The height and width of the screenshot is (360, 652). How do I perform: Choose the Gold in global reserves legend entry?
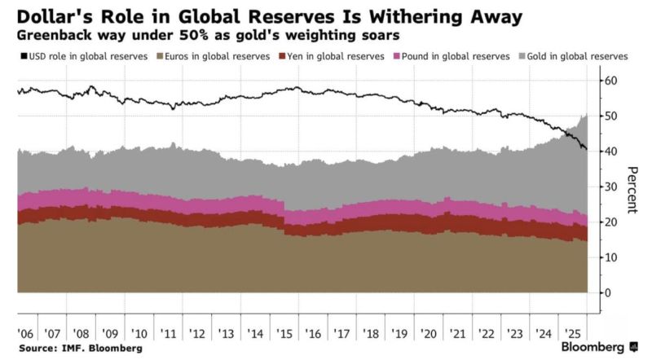pos(578,56)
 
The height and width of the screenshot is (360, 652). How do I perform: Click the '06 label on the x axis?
pos(24,335)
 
